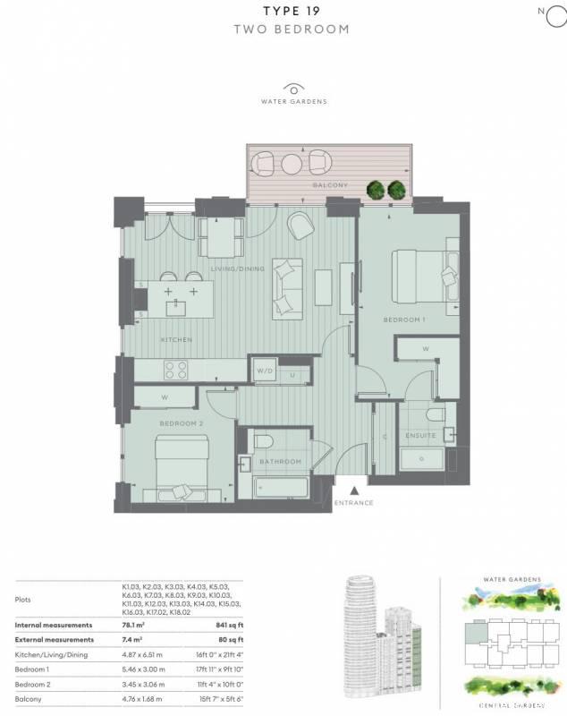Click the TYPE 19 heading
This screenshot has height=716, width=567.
292,11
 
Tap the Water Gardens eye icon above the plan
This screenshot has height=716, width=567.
293,89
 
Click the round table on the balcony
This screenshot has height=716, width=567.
292,164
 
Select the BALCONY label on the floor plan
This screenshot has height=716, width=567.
330,185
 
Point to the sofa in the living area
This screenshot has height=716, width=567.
287,289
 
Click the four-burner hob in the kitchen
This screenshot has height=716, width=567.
175,370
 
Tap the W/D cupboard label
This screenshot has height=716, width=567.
265,371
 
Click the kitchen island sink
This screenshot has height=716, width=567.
175,308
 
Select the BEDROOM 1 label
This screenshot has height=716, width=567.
404,320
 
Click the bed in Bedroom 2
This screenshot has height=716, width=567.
182,466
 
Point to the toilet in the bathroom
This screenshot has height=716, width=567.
263,441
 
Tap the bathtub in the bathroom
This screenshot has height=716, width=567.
280,488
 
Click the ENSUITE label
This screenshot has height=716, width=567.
420,436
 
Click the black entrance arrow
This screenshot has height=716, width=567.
354,490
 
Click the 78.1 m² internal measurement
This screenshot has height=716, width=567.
133,625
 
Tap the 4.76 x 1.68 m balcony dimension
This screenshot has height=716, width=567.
142,699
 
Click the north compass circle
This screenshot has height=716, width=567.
557,17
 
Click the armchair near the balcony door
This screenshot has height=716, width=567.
300,226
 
